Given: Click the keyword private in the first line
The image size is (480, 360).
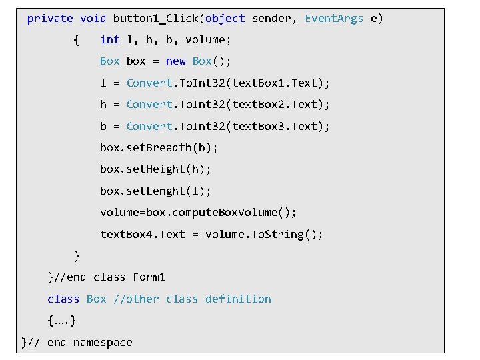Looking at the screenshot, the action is (50, 19).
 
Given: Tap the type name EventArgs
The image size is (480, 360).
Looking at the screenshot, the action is (334, 19).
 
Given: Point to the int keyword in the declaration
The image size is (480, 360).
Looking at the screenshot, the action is (109, 40).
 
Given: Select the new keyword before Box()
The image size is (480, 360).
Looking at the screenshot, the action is (176, 61).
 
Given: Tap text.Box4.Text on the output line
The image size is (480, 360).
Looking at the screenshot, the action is (142, 235).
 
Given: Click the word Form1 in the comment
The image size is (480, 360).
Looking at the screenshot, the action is (149, 277).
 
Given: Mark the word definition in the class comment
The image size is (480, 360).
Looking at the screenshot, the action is (238, 299).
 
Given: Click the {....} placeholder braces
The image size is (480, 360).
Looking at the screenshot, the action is (61, 321).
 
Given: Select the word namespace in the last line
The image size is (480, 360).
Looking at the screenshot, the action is (103, 343).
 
